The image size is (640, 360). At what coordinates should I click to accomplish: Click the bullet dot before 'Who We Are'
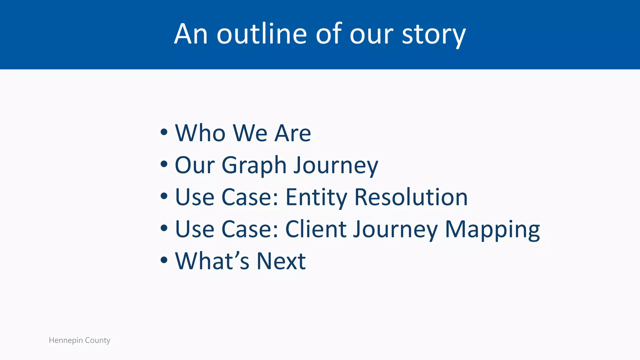(x=164, y=132)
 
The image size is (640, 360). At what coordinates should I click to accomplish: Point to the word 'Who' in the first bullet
(x=200, y=133)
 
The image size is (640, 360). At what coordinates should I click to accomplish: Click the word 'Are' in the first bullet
(x=292, y=133)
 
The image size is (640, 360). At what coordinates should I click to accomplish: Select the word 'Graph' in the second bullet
(x=254, y=166)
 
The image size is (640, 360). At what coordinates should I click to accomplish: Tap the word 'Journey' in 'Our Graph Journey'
(x=336, y=166)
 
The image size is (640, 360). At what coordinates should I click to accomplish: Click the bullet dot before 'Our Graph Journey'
(x=164, y=164)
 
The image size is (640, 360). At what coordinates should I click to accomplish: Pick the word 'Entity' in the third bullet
(x=316, y=197)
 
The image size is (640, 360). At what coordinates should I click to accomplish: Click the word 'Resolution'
(x=411, y=197)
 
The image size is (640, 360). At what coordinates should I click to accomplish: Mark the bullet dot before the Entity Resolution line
(x=164, y=196)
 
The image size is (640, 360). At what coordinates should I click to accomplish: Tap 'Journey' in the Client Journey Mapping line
(x=395, y=230)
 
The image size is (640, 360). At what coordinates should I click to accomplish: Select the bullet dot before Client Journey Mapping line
(x=164, y=228)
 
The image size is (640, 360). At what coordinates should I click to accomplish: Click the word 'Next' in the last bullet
(x=281, y=261)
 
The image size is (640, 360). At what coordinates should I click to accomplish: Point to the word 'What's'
(x=212, y=261)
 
